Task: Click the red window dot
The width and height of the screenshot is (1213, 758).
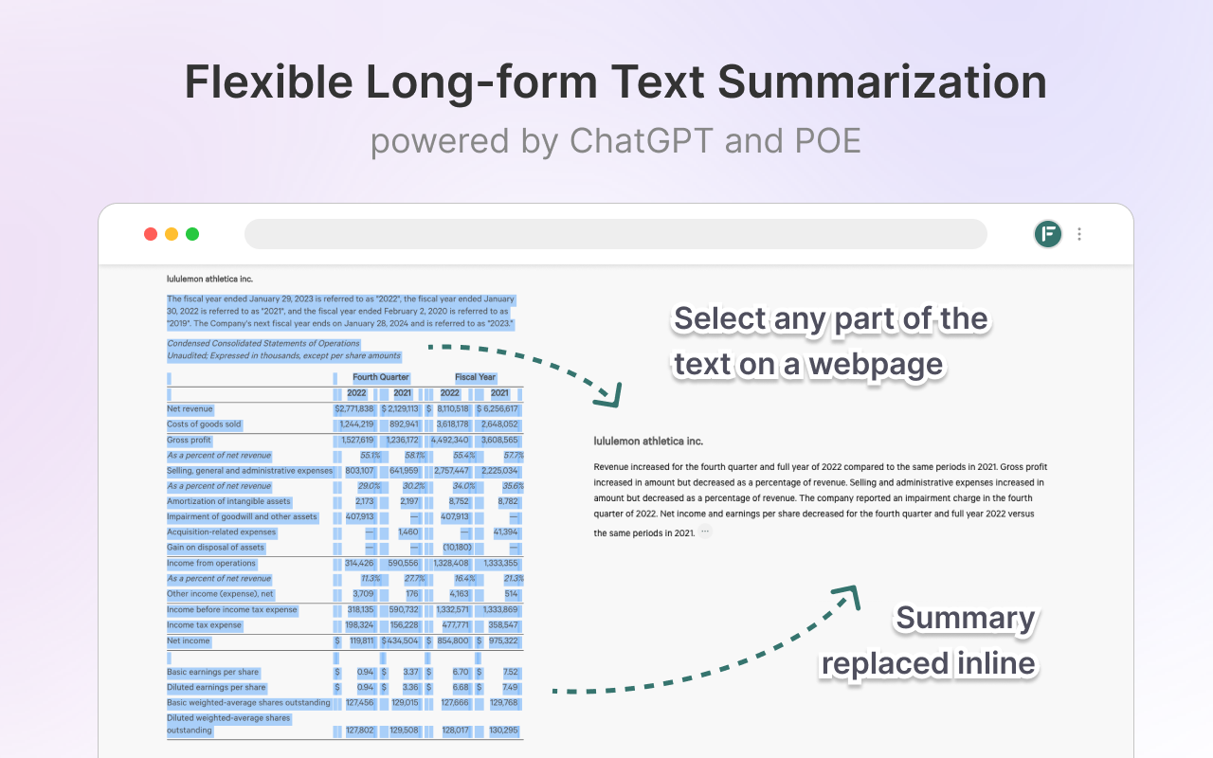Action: [x=150, y=234]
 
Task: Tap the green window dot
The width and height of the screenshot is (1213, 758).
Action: [x=192, y=234]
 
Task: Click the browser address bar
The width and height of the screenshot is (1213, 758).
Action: [x=615, y=234]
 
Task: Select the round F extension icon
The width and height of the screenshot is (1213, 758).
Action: [x=1048, y=234]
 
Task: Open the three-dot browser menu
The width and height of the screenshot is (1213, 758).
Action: [x=1079, y=234]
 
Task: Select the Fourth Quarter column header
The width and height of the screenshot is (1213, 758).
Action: [x=381, y=377]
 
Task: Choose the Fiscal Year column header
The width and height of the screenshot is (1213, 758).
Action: [x=475, y=377]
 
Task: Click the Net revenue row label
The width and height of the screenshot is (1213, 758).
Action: [x=190, y=409]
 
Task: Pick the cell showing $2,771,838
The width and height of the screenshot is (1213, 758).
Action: [x=354, y=409]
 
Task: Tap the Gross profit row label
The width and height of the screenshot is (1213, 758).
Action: [x=189, y=441]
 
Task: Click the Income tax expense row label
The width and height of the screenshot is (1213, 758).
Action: [x=204, y=625]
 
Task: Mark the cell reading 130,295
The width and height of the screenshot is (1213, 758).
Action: [x=503, y=731]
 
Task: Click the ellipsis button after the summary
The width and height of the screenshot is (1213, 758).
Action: [x=705, y=532]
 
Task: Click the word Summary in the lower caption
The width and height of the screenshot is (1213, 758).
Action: [x=965, y=619]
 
